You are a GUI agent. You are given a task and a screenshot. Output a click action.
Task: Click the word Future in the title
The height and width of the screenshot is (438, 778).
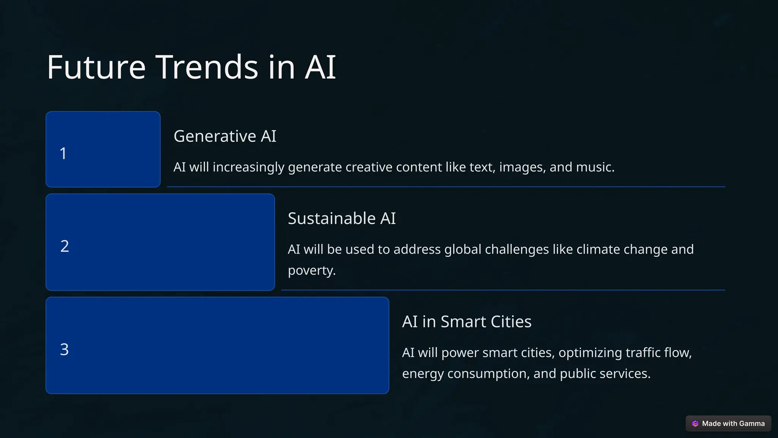96,67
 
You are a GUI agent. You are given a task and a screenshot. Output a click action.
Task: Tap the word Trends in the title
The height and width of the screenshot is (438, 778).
207,67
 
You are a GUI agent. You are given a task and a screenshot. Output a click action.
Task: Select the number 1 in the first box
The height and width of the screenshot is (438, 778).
63,154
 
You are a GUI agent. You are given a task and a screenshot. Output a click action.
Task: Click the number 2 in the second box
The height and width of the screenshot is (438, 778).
65,246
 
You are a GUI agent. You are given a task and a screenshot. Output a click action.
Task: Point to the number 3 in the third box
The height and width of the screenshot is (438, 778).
64,349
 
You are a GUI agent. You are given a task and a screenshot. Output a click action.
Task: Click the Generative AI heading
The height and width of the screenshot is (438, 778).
225,136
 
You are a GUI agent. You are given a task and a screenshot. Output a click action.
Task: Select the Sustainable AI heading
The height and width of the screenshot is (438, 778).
342,219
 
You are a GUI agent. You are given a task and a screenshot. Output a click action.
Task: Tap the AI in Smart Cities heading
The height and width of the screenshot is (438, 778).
466,322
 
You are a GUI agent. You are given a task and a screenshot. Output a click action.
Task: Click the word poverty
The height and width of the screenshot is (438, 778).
312,271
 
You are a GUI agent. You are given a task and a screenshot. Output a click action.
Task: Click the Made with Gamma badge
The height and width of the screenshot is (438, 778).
728,424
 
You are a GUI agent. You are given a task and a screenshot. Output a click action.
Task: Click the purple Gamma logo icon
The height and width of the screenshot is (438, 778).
695,424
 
